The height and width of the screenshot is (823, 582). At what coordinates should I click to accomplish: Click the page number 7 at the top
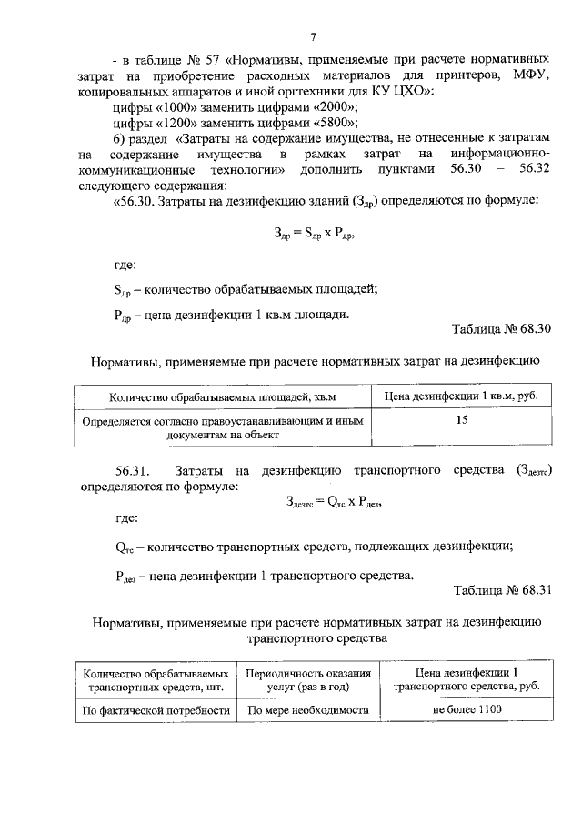(312, 37)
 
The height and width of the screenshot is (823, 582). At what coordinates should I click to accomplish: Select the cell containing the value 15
(462, 420)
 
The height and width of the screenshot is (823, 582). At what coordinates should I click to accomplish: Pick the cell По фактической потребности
(155, 710)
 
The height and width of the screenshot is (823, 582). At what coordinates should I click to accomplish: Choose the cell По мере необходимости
(308, 710)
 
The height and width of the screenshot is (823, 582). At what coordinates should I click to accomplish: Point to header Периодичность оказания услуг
(308, 680)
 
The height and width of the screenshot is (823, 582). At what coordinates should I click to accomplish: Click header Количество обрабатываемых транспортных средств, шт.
(155, 680)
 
